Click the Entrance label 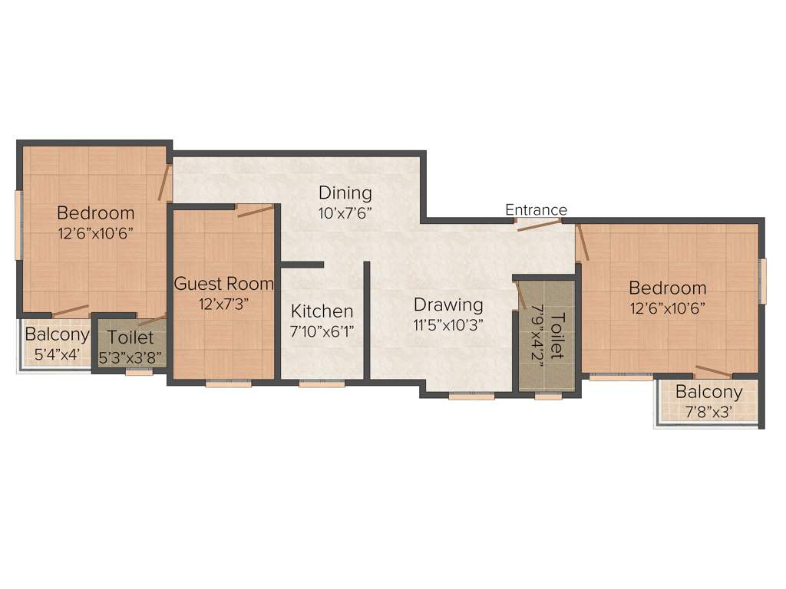[x=536, y=210]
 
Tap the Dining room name [x=345, y=192]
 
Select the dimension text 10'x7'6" [x=345, y=213]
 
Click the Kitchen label [x=322, y=311]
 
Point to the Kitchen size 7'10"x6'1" [x=322, y=331]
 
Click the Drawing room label [x=448, y=304]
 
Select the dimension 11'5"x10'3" [x=448, y=324]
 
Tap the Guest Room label [x=223, y=284]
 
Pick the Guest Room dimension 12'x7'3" [x=223, y=303]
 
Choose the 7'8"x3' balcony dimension [x=708, y=413]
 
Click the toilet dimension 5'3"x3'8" [x=130, y=357]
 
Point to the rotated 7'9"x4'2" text [x=537, y=336]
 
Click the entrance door [x=537, y=225]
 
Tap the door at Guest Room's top [x=255, y=209]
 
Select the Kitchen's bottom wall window [x=322, y=383]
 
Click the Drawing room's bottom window [x=471, y=397]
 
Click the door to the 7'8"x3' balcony [x=712, y=372]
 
